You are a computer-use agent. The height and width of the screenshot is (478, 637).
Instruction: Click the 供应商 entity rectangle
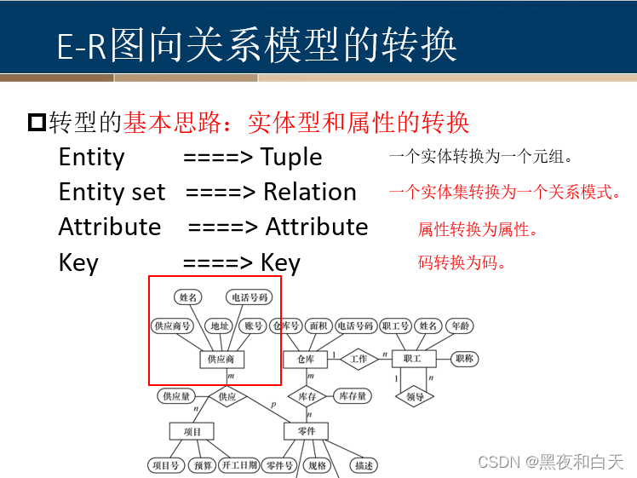(221, 359)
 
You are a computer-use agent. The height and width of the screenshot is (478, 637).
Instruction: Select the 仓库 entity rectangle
(305, 359)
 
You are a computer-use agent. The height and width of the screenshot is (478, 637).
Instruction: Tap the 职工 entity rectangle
(413, 359)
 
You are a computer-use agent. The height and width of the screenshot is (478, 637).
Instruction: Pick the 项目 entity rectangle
(192, 431)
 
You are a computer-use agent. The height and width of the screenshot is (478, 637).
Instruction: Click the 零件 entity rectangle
(305, 431)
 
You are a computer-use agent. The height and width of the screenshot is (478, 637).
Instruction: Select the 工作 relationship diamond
(359, 359)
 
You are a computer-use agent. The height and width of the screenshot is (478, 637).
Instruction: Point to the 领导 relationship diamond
(414, 396)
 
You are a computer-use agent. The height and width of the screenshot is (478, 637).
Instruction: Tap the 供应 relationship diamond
(227, 396)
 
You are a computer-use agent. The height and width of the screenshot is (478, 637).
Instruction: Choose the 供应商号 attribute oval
(171, 325)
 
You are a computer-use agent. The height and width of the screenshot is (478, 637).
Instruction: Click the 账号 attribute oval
(253, 325)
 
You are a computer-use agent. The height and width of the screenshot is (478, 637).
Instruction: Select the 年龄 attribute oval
(460, 325)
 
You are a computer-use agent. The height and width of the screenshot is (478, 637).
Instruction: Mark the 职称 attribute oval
(464, 359)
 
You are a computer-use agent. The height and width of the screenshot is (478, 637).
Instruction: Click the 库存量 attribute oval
(352, 396)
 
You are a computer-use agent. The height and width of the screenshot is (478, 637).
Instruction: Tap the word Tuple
(291, 158)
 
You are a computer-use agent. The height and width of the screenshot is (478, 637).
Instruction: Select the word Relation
(309, 193)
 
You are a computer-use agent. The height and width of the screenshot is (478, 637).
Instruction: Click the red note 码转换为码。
(462, 262)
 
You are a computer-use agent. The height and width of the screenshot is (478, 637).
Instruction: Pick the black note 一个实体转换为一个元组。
(482, 157)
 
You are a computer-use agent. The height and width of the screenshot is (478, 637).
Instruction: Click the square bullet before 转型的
(37, 123)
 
